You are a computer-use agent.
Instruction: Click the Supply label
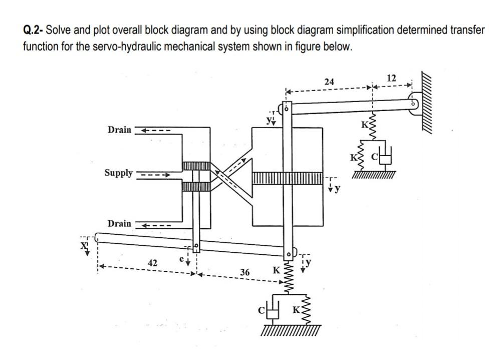click(119, 173)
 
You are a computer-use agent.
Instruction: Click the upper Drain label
click(119, 130)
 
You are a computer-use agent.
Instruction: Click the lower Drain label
click(119, 223)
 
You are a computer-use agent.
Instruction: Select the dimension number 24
click(329, 81)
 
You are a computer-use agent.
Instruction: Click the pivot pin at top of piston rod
click(288, 108)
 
